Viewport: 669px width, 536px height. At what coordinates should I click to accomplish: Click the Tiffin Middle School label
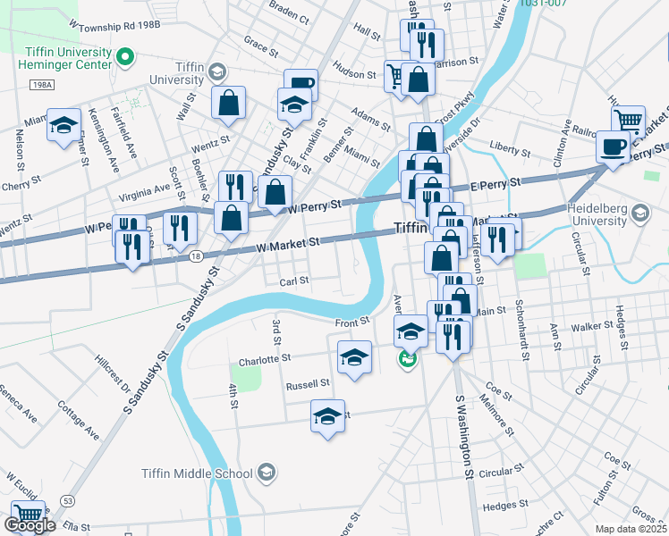[x=197, y=473]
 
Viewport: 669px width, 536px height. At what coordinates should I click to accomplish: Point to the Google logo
[x=30, y=526]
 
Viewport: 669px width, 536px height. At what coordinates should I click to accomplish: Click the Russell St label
[x=308, y=385]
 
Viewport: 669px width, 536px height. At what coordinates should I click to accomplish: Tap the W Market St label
[x=287, y=243]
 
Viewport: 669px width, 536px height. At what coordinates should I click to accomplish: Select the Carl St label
[x=293, y=281]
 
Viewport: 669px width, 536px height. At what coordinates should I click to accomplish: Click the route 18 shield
[x=196, y=255]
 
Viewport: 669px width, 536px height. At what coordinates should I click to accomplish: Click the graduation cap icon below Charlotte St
[x=328, y=415]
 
